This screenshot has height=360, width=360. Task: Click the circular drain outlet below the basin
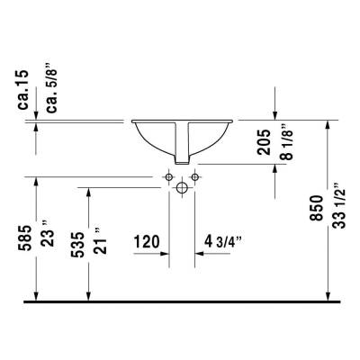181,187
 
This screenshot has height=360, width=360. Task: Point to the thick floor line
180,301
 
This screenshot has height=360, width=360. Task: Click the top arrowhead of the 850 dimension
328,126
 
